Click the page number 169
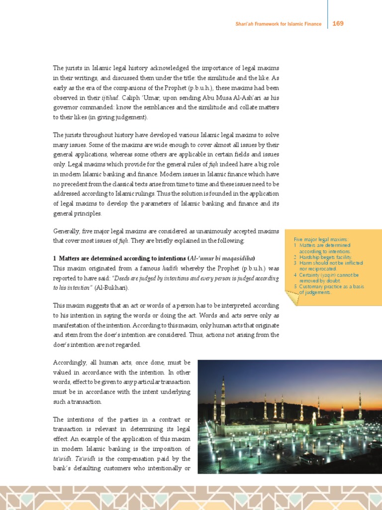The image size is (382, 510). [338, 23]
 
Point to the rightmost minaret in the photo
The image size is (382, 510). [360, 406]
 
